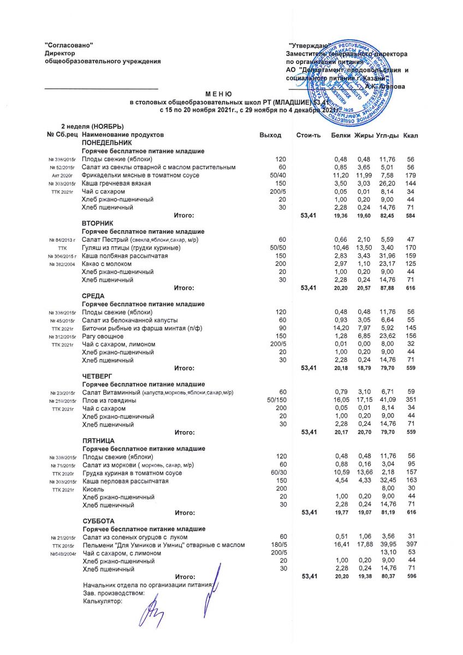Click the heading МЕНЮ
(x=219, y=94)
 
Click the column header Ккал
(x=411, y=135)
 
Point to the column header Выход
(x=271, y=135)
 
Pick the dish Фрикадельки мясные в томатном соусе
(x=140, y=175)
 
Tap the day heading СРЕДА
(x=93, y=296)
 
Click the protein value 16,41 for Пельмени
(x=341, y=545)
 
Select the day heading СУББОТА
(x=97, y=521)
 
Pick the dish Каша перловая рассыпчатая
(x=126, y=481)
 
